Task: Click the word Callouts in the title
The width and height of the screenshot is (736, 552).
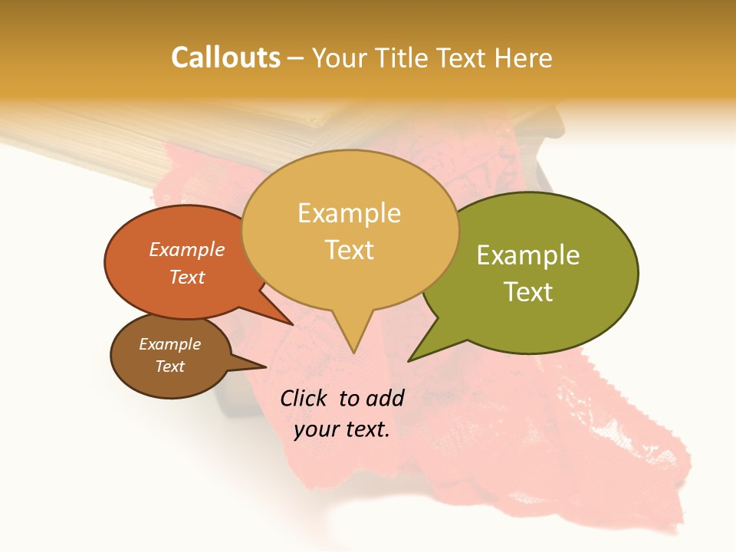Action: [x=225, y=58]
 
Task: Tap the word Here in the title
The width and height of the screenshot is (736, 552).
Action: [x=523, y=58]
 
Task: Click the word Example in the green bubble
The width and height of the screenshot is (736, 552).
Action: [x=528, y=255]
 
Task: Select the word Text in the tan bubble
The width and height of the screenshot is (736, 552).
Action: [x=350, y=250]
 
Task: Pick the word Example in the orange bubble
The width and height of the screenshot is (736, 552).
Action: [x=187, y=249]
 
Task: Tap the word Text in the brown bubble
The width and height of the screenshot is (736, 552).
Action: [x=170, y=366]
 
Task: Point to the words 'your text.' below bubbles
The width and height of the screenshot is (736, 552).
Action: [x=342, y=429]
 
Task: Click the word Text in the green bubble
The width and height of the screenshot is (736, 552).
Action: [x=529, y=292]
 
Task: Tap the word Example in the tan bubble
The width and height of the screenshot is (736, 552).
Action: [x=350, y=213]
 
